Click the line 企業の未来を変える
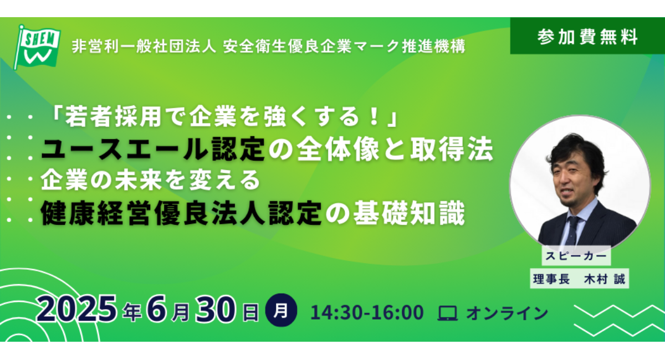click(150, 180)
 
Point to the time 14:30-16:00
click(367, 312)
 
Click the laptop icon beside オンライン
click(447, 313)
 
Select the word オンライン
click(507, 313)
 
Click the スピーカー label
click(576, 257)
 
